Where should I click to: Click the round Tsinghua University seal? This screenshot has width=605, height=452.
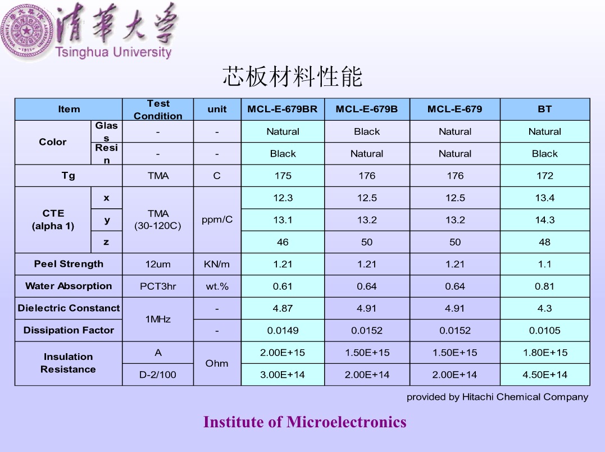pyautogui.click(x=26, y=31)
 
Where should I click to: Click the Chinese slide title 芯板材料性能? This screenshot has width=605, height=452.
pyautogui.click(x=293, y=76)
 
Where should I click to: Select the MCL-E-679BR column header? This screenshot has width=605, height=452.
pyautogui.click(x=283, y=109)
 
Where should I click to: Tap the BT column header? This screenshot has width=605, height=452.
pyautogui.click(x=544, y=109)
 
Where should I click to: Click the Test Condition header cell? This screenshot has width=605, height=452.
pyautogui.click(x=158, y=109)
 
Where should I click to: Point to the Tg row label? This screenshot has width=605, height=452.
pyautogui.click(x=69, y=176)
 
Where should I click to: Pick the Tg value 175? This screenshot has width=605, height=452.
pyautogui.click(x=283, y=176)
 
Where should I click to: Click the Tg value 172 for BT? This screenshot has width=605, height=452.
pyautogui.click(x=544, y=176)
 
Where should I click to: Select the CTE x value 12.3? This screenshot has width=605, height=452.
pyautogui.click(x=283, y=198)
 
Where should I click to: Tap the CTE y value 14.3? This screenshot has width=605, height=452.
pyautogui.click(x=544, y=220)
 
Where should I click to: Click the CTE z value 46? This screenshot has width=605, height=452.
pyautogui.click(x=283, y=242)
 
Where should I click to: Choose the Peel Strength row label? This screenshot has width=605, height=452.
pyautogui.click(x=69, y=264)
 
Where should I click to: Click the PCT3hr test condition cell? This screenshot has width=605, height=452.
pyautogui.click(x=158, y=286)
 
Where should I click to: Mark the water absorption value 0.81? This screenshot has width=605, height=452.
pyautogui.click(x=544, y=286)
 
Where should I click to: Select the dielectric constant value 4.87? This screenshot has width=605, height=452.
pyautogui.click(x=283, y=308)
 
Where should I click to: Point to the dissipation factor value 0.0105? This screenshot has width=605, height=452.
pyautogui.click(x=544, y=331)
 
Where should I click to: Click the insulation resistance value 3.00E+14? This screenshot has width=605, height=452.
pyautogui.click(x=283, y=375)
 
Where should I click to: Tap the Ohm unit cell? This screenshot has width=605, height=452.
pyautogui.click(x=217, y=363)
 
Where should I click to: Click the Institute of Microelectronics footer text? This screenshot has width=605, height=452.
pyautogui.click(x=305, y=422)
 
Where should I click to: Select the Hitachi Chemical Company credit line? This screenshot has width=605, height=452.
pyautogui.click(x=497, y=397)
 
